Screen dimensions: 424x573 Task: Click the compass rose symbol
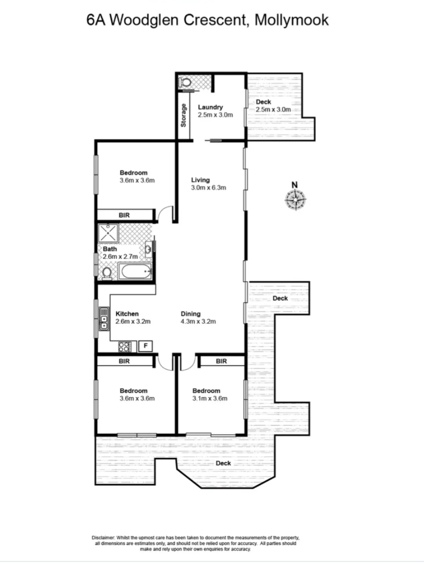(x=295, y=200)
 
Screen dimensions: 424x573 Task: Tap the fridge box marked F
(x=146, y=346)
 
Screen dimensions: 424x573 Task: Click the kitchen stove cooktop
(x=125, y=347)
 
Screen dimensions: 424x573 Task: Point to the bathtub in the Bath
(x=135, y=272)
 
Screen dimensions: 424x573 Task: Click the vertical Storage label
(x=184, y=115)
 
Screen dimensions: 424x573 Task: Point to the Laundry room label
(x=210, y=107)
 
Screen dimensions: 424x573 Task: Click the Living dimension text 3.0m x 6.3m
(x=208, y=188)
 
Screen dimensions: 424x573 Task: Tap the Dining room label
(x=190, y=313)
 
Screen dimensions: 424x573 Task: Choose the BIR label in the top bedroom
(x=125, y=215)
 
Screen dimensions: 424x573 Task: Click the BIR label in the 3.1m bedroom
(x=221, y=361)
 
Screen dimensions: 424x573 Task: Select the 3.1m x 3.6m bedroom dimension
(x=210, y=399)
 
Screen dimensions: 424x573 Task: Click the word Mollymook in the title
(x=291, y=20)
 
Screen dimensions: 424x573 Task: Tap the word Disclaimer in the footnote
(x=103, y=537)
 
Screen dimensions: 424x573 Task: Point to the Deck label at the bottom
(x=223, y=463)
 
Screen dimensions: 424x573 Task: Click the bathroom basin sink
(x=148, y=249)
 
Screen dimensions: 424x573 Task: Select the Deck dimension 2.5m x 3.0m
(x=274, y=109)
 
